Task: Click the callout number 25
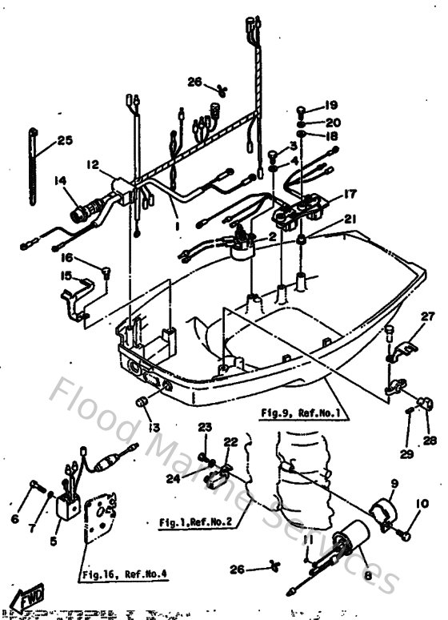tap(65, 141)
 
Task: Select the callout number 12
tap(93, 164)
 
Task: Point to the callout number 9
tap(394, 483)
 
